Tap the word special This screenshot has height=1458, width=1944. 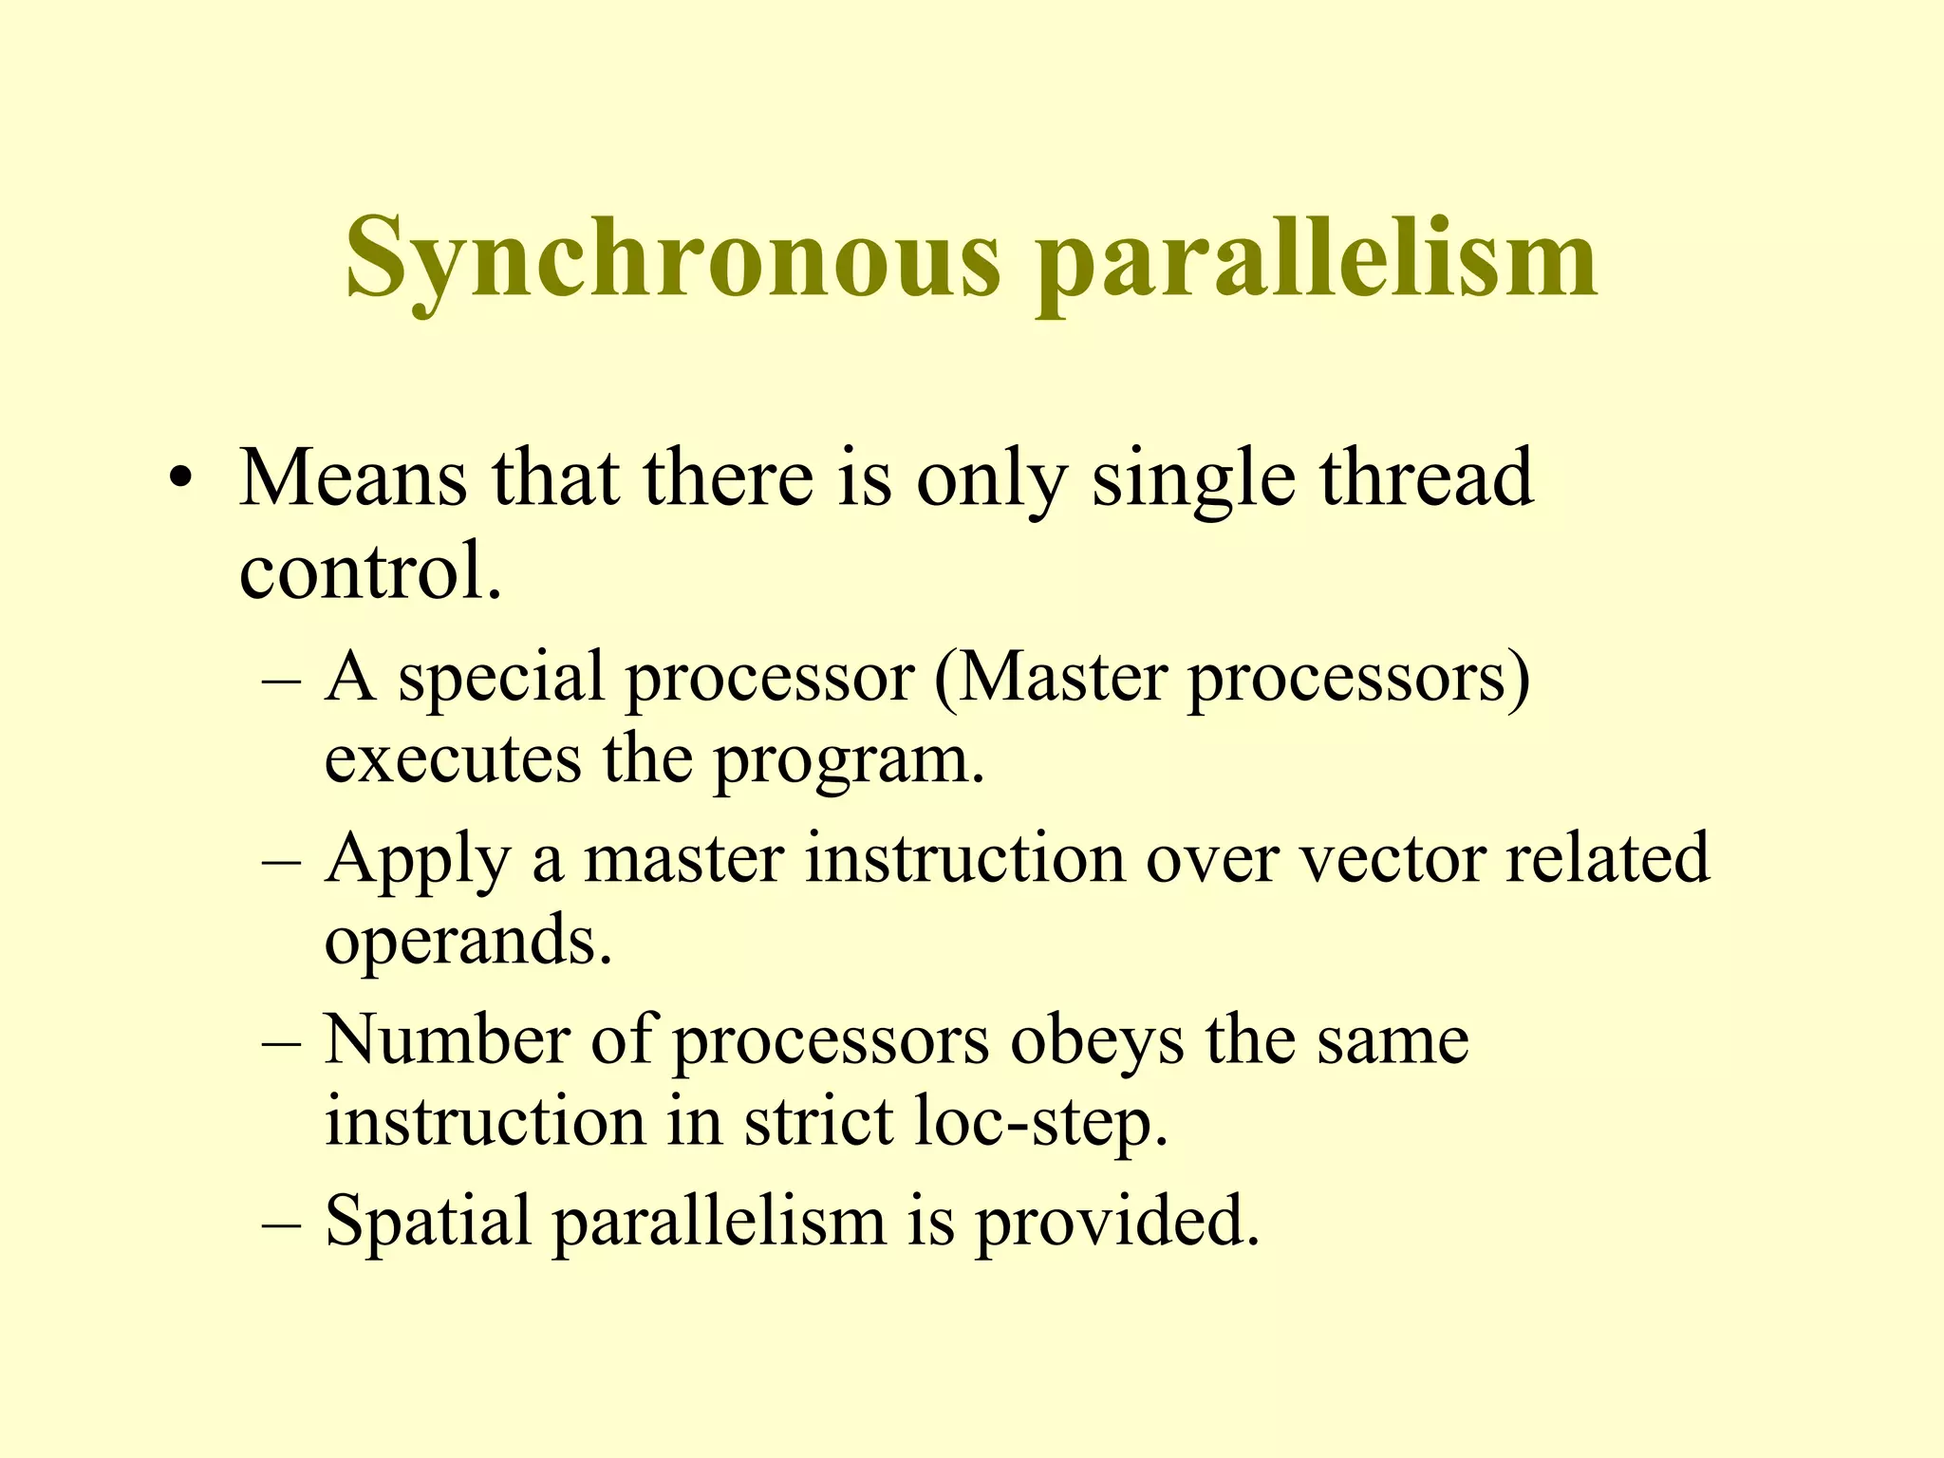pyautogui.click(x=500, y=678)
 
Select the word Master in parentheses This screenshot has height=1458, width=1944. pyautogui.click(x=1062, y=678)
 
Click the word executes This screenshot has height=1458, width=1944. pyautogui.click(x=452, y=760)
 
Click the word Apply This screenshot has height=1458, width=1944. pyautogui.click(x=417, y=860)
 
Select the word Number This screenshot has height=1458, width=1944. pyautogui.click(x=446, y=1040)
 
